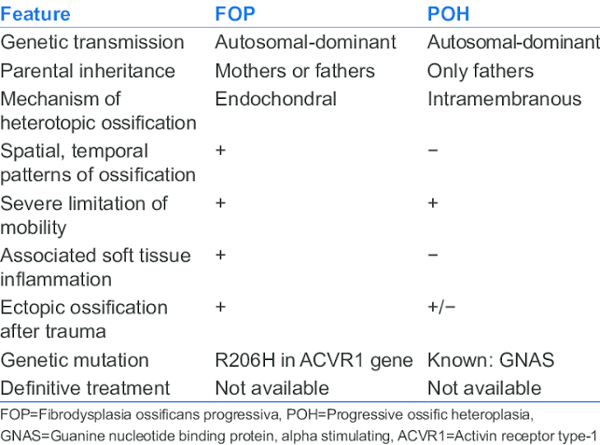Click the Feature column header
point(35,14)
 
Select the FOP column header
point(235,14)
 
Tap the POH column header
point(448,14)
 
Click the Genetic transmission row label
point(92,42)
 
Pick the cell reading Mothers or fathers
point(295,71)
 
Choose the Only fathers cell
point(481,71)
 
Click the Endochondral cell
point(275,99)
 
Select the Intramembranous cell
point(504,99)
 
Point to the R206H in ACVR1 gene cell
point(314,360)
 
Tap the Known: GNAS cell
point(491,360)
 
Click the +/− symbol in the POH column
point(441,307)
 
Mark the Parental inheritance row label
point(88,71)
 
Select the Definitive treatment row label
point(85,388)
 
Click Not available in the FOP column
point(272,388)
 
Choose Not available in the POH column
point(484,388)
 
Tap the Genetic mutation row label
point(75,360)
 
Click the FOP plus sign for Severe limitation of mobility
point(220,202)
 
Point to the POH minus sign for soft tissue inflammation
point(433,255)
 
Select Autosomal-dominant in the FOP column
point(305,42)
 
